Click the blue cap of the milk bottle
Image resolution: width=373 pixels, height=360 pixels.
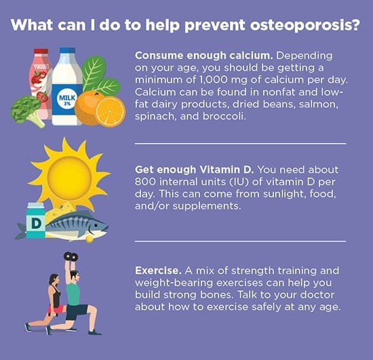67,50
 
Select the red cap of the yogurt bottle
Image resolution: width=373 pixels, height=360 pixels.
41,52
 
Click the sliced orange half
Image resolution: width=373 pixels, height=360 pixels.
111,111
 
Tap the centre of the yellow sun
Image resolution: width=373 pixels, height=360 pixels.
69,178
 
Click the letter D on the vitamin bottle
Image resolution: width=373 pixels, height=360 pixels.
36,224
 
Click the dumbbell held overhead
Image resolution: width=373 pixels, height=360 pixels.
71,256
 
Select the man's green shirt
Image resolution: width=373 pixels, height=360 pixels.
73,294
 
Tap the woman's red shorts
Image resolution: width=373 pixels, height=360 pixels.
56,309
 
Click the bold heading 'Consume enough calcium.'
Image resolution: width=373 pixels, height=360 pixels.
204,56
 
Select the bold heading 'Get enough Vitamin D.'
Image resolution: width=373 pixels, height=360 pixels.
195,169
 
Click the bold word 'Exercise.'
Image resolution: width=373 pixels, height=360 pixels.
158,271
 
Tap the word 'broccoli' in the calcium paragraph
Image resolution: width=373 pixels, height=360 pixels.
224,117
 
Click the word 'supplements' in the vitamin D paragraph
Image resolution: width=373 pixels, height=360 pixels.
207,206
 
